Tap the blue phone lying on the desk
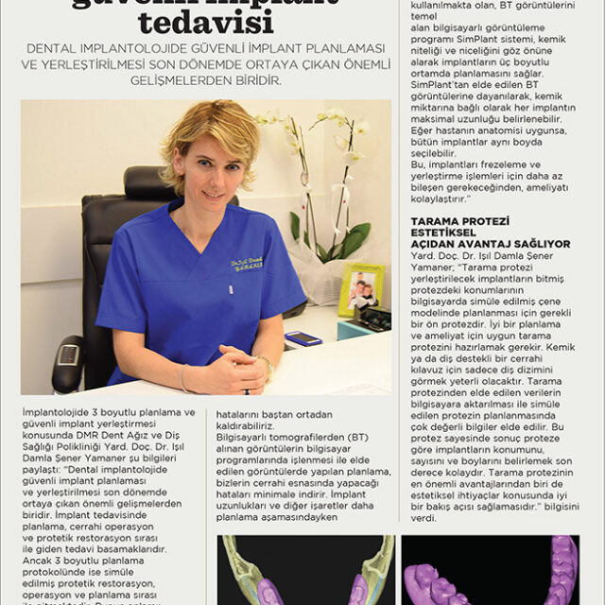tap(303, 338)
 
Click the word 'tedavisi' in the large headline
tap(200, 19)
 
